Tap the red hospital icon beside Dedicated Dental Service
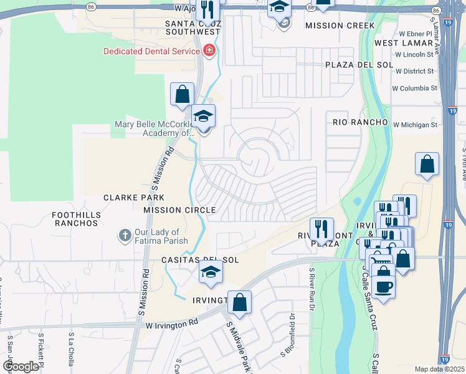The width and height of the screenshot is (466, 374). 209,50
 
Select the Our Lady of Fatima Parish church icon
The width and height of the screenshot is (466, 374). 125,236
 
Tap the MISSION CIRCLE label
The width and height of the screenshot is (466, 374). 179,211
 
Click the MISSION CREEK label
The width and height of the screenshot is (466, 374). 340,26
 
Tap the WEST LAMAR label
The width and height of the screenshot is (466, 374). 404,43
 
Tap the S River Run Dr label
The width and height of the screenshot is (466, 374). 311,290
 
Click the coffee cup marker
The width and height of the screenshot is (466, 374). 383,286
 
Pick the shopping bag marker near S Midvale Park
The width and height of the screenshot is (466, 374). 239,304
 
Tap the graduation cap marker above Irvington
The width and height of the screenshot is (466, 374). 211,272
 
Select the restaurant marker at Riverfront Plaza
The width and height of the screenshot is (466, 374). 321,229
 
